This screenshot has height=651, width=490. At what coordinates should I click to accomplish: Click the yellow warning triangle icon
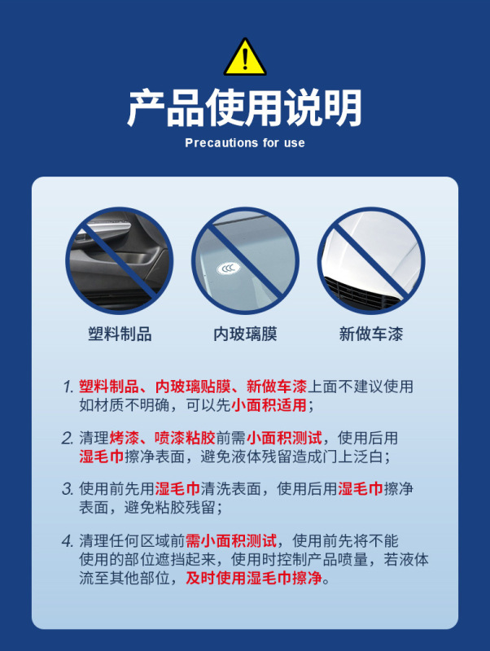(x=245, y=58)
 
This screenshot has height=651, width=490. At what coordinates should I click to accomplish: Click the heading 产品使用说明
(x=244, y=107)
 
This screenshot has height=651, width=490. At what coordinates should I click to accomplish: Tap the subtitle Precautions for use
(x=245, y=143)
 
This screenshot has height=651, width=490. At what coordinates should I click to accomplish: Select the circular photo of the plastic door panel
(x=120, y=260)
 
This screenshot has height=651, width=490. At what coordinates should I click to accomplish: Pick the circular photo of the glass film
(x=245, y=260)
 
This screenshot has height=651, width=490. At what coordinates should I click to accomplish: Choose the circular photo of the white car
(x=370, y=260)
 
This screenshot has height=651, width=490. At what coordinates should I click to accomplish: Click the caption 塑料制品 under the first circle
(x=120, y=334)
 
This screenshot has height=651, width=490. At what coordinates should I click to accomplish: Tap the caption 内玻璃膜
(x=245, y=334)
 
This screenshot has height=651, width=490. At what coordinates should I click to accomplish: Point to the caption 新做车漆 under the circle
(x=370, y=334)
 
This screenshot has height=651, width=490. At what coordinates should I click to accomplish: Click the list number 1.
(x=68, y=387)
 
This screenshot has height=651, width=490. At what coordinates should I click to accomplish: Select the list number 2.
(x=68, y=438)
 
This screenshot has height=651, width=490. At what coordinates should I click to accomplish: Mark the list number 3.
(x=68, y=489)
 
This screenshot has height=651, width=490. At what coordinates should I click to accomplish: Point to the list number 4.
(x=68, y=541)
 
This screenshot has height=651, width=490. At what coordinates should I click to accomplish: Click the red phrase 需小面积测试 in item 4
(x=231, y=541)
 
